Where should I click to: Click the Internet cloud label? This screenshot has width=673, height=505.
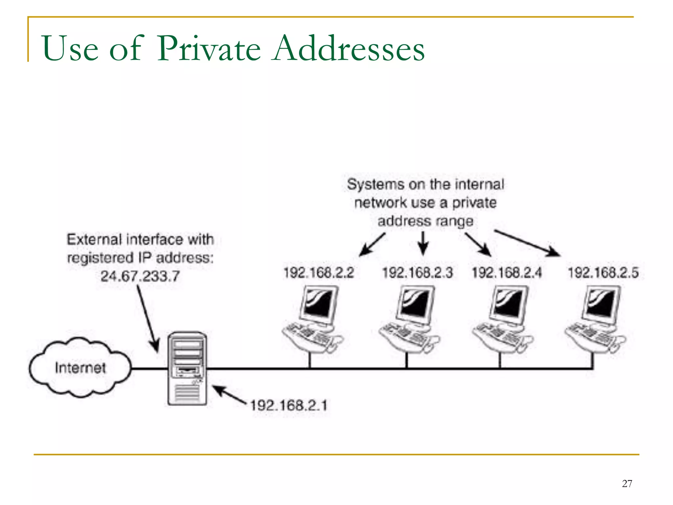click(x=80, y=368)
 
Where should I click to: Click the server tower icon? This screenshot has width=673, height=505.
click(x=187, y=368)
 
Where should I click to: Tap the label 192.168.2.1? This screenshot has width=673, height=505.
click(x=289, y=405)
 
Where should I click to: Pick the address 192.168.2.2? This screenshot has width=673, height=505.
click(x=318, y=273)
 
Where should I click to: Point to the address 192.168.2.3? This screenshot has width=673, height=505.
click(x=417, y=273)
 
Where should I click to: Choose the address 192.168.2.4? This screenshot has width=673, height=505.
click(x=506, y=273)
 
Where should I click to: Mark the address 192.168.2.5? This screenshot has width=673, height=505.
click(x=603, y=273)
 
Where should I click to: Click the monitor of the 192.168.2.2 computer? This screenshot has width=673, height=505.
click(x=319, y=302)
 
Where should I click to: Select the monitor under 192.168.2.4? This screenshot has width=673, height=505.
click(x=509, y=302)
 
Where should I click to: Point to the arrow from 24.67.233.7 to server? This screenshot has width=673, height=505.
click(x=148, y=319)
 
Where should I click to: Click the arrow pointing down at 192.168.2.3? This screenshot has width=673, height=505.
click(x=423, y=243)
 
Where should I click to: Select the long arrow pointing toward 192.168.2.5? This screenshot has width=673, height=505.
click(x=527, y=243)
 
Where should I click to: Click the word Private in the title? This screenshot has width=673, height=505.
click(x=209, y=49)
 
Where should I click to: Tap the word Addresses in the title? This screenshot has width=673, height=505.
click(x=349, y=49)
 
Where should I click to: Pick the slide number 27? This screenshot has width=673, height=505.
click(x=627, y=484)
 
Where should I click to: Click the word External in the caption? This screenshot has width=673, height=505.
click(x=94, y=239)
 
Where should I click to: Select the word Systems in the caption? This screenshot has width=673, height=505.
click(x=375, y=184)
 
